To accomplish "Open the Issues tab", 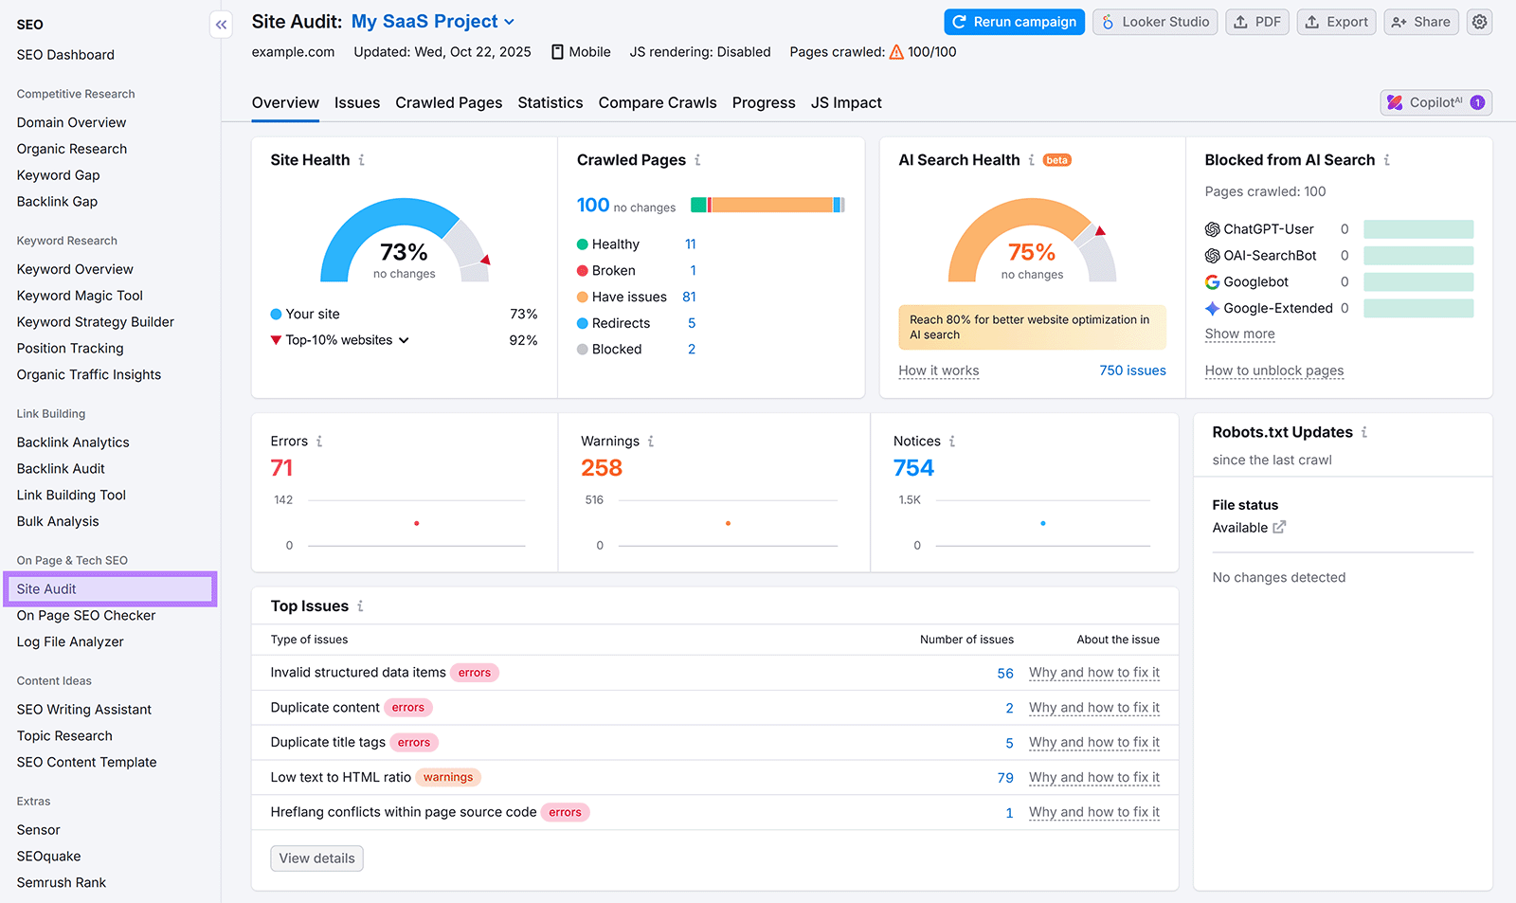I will [x=357, y=102].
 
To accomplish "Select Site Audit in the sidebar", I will [x=46, y=588].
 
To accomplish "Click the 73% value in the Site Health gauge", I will [x=404, y=252].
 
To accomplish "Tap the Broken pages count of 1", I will [x=693, y=270].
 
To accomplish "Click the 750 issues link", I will [x=1132, y=370].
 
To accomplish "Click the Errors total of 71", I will [x=281, y=468].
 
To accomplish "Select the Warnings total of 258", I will [x=602, y=468].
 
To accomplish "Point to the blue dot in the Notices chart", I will [x=1043, y=523].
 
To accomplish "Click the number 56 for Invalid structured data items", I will [x=1005, y=673].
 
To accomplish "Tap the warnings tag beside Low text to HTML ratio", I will [x=448, y=777].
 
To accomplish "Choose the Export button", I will [x=1336, y=22].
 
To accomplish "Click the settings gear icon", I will [x=1479, y=22].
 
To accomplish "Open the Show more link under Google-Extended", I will [x=1239, y=334].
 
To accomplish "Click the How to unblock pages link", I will [x=1273, y=370].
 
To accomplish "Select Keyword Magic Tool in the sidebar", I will [x=80, y=296].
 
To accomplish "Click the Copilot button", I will [x=1435, y=102].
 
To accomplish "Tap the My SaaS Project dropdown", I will [x=433, y=21].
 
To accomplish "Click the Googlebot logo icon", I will [x=1212, y=281].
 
